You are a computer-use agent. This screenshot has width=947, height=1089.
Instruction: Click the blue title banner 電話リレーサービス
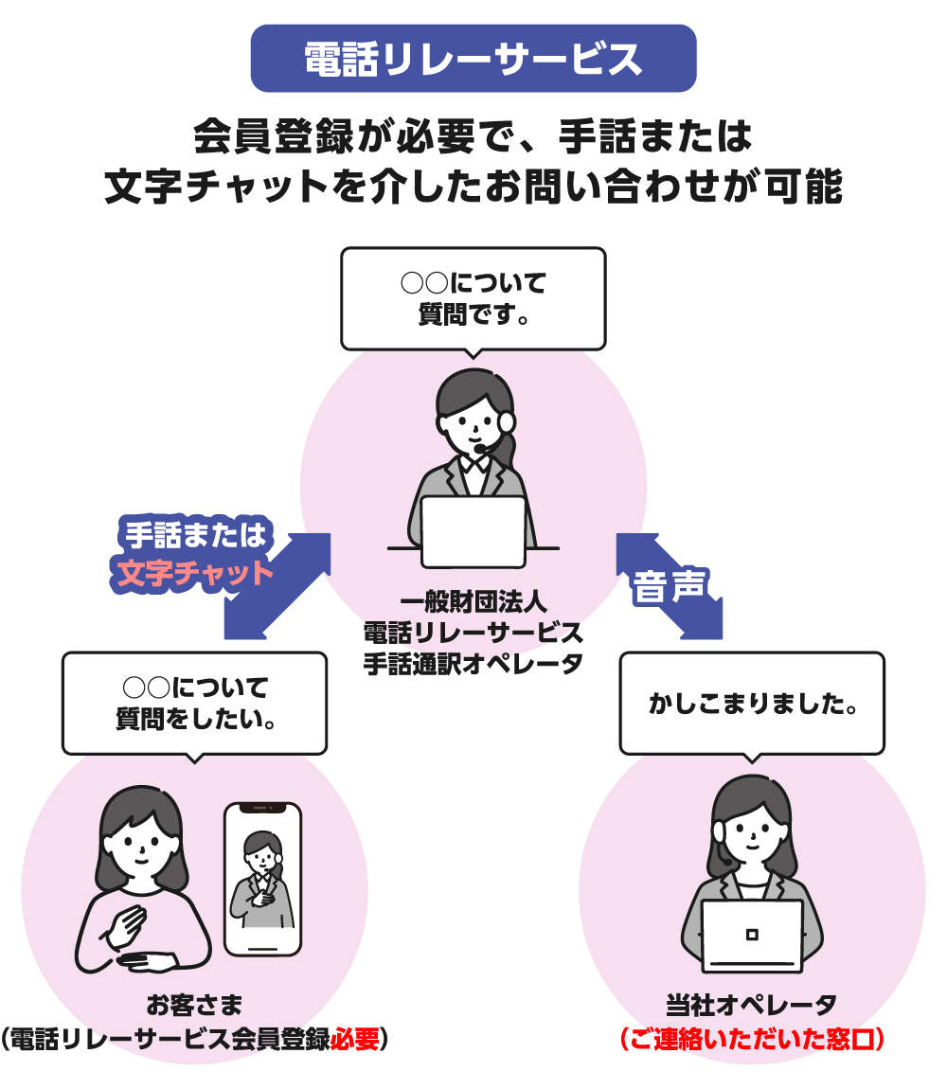point(473,59)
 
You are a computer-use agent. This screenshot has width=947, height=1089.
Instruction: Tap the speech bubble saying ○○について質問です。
point(473,297)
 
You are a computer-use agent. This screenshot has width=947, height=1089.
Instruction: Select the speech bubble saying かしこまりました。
point(752,704)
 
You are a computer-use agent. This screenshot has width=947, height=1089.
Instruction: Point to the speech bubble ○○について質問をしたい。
point(194,702)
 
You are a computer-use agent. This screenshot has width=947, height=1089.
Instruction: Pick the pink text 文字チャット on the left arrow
point(194,574)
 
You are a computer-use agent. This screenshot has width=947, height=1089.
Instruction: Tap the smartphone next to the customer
point(262,878)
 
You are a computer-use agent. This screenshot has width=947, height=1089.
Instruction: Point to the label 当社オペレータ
point(752,1005)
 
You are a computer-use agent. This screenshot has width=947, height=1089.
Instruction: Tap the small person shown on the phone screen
point(261,877)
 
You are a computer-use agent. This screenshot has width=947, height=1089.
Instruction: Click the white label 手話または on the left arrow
point(195,536)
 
